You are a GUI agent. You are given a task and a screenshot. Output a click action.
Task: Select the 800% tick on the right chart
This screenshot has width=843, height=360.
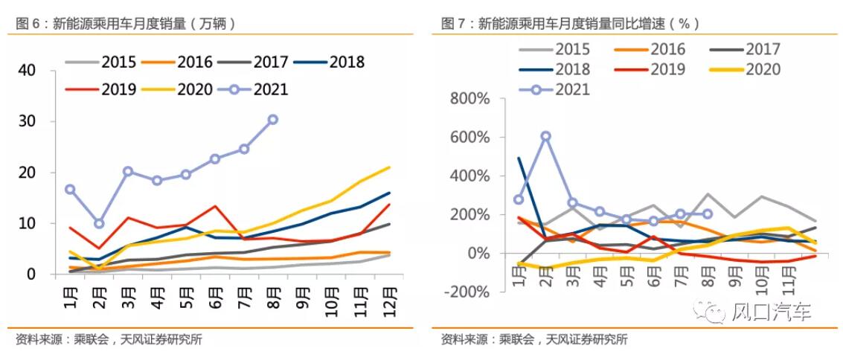coord(469,99)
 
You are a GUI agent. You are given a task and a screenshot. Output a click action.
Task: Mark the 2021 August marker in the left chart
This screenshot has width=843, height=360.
coord(273,120)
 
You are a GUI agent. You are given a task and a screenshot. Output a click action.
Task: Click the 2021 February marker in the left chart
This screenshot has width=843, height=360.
coord(99,223)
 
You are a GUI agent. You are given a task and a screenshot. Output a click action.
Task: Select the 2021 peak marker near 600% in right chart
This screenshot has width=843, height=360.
coord(545,136)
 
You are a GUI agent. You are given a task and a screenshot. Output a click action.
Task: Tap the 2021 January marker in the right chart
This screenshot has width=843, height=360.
coord(518,199)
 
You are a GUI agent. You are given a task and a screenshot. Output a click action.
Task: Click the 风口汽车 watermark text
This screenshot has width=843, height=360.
coord(772,312)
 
